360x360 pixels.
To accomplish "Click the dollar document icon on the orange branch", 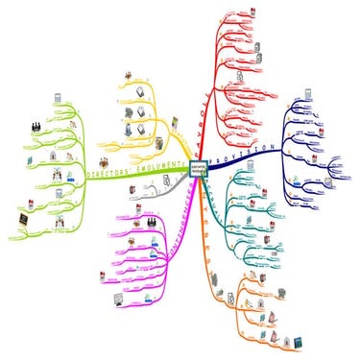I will coord(258,301).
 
